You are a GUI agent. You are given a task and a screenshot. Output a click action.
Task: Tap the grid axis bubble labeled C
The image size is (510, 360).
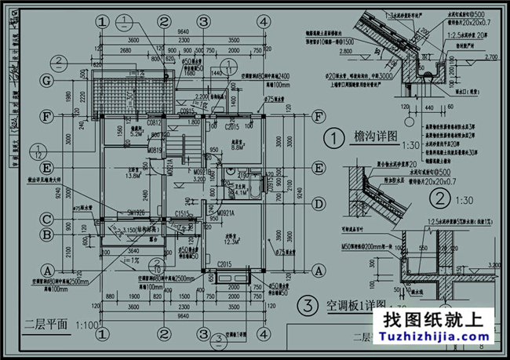coord(48,220)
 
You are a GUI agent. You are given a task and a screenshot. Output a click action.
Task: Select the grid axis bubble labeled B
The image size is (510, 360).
coord(48,234)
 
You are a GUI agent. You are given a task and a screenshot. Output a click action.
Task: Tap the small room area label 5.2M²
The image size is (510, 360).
coord(136,133)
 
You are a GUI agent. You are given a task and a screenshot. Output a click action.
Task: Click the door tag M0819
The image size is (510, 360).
coord(155,149)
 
